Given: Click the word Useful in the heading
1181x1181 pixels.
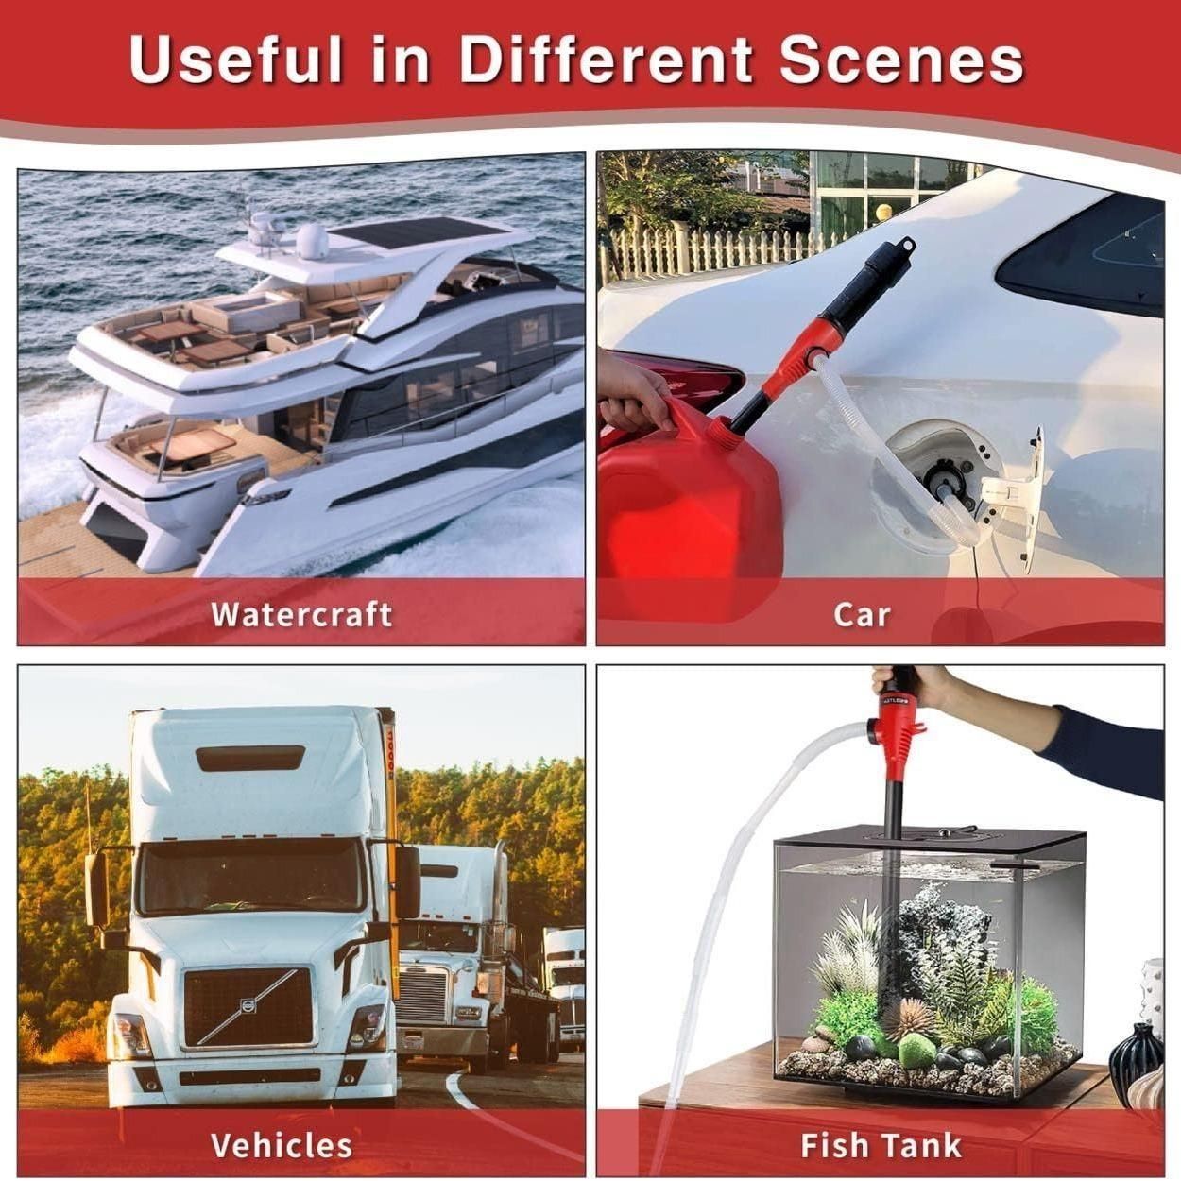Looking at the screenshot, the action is point(235,60).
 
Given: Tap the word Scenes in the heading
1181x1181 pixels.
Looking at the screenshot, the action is point(902,60).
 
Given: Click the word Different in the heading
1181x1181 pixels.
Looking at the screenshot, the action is point(607,60).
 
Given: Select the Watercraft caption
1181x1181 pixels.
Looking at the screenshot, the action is point(301,613).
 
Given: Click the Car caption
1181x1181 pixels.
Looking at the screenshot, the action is point(862,614).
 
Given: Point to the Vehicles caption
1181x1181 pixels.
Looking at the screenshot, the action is point(282,1145).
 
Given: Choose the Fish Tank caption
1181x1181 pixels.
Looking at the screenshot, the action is point(881,1145).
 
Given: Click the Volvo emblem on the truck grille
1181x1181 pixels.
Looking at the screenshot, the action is point(248,1005).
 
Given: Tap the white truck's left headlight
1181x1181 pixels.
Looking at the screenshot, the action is point(129,1036).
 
